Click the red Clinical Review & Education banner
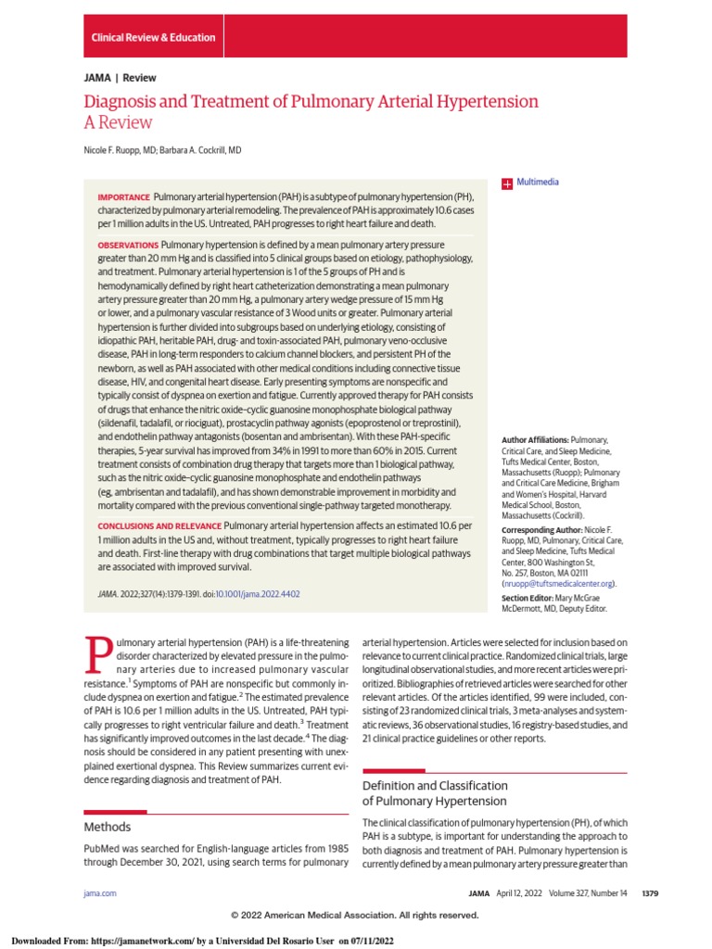pyautogui.click(x=153, y=38)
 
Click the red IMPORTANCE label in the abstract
pyautogui.click(x=123, y=197)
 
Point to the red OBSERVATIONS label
pyautogui.click(x=128, y=245)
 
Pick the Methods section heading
pyautogui.click(x=108, y=827)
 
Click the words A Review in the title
pyautogui.click(x=118, y=122)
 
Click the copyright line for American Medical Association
pyautogui.click(x=355, y=915)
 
